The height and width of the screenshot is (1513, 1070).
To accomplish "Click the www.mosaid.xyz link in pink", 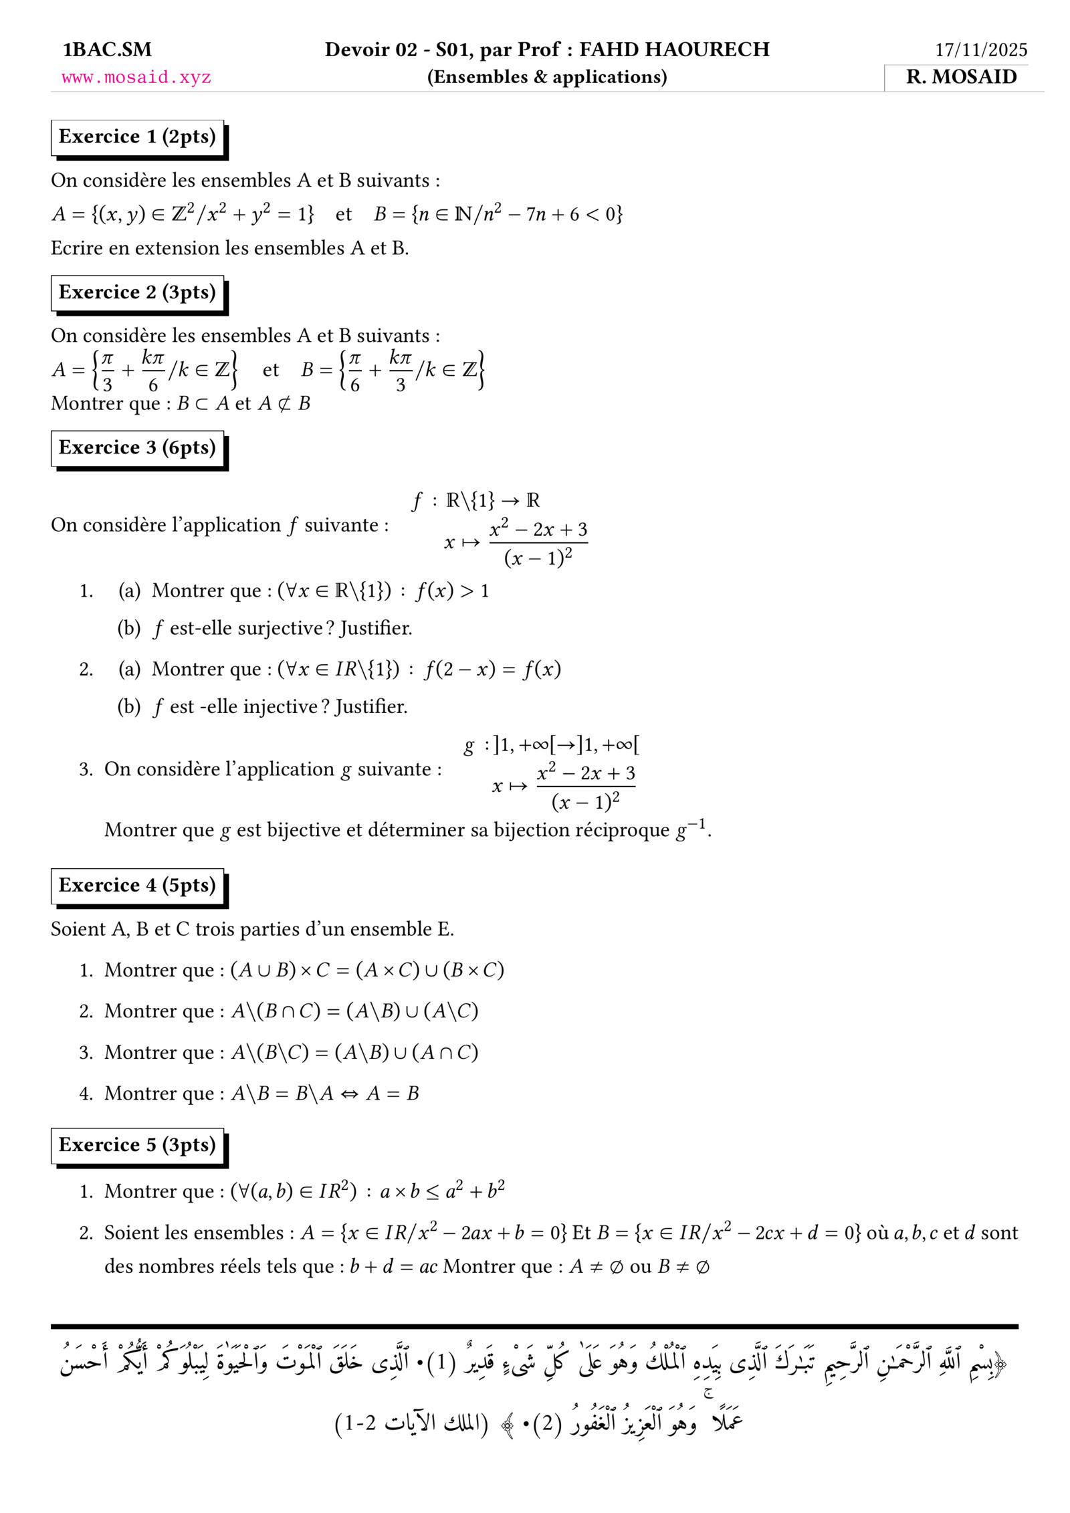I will (136, 78).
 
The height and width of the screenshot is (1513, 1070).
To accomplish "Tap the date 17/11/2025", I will (980, 50).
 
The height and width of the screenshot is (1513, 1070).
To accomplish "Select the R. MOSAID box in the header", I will (961, 77).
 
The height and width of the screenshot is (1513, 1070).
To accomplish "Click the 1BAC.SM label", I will (107, 49).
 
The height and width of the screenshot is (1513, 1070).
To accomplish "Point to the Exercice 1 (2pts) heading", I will (137, 136).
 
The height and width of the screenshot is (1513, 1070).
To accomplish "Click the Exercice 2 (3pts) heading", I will (137, 292).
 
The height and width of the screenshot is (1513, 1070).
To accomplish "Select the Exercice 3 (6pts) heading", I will (137, 447).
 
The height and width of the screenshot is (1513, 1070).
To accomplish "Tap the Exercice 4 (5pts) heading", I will (137, 885).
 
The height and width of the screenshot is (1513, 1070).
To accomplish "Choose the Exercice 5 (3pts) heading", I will (137, 1144).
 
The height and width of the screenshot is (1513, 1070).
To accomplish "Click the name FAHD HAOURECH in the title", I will (674, 49).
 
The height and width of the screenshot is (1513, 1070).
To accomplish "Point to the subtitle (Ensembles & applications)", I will (547, 78).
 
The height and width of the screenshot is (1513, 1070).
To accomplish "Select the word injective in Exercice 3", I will (280, 706).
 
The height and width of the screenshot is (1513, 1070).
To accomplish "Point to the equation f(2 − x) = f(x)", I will (492, 669).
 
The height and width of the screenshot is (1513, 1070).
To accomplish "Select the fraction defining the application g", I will (586, 787).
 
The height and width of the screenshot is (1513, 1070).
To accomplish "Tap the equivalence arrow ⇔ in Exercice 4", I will (349, 1094).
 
